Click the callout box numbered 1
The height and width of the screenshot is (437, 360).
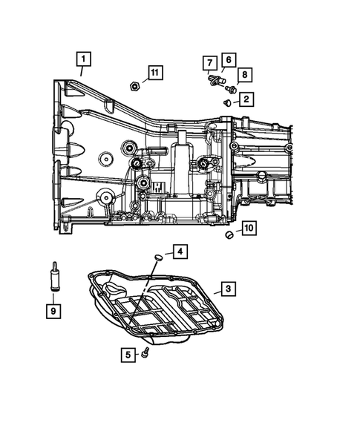click(83, 59)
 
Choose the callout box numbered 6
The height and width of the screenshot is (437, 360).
click(228, 59)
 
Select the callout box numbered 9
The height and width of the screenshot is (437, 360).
click(53, 311)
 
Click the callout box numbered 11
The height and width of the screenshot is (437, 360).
click(154, 73)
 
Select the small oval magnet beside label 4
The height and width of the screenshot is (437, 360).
click(158, 257)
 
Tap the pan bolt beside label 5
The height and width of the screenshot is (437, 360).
click(148, 352)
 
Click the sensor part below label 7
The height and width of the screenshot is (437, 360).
click(216, 79)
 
